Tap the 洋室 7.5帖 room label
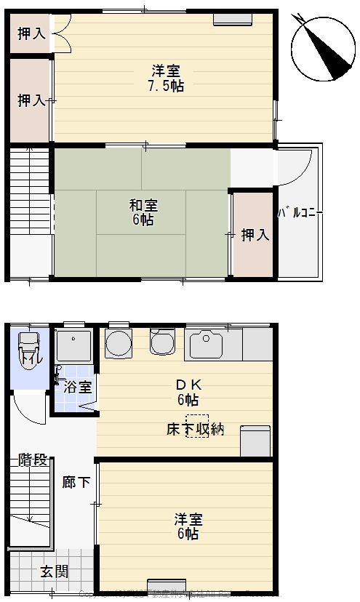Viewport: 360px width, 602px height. coord(167,78)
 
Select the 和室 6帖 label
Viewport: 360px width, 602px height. coord(143,212)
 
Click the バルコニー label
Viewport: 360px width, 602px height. coord(300,213)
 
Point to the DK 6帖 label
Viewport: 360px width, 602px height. coord(188,392)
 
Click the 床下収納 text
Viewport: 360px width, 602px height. coord(194,429)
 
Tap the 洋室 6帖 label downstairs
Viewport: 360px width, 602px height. coord(188,526)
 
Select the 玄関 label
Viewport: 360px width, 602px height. coord(54,571)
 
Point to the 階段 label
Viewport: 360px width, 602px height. coord(33,459)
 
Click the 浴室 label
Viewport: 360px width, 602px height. coord(78,387)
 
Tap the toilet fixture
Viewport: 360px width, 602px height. coord(29,350)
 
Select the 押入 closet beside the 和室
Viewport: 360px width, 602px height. coord(255,235)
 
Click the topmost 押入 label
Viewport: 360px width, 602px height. coord(31,33)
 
